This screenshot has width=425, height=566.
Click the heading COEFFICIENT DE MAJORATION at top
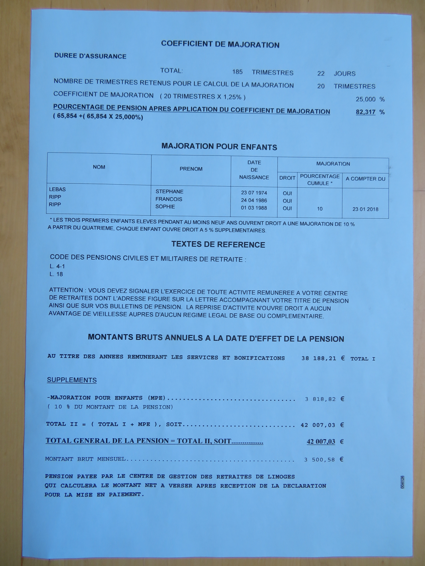(x=220, y=44)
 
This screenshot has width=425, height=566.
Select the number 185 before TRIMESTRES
(x=237, y=72)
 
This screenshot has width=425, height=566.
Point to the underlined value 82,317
(x=365, y=112)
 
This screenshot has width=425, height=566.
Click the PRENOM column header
(x=191, y=169)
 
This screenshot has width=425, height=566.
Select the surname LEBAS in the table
(x=57, y=189)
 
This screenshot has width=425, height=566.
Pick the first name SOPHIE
(x=165, y=206)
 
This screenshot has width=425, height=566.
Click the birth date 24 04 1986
(x=254, y=200)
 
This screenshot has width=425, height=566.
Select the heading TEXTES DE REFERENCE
(x=218, y=244)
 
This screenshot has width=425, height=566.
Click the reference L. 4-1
(x=57, y=266)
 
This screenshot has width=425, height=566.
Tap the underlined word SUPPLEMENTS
(x=72, y=380)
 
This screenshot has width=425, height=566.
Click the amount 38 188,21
(x=318, y=358)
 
